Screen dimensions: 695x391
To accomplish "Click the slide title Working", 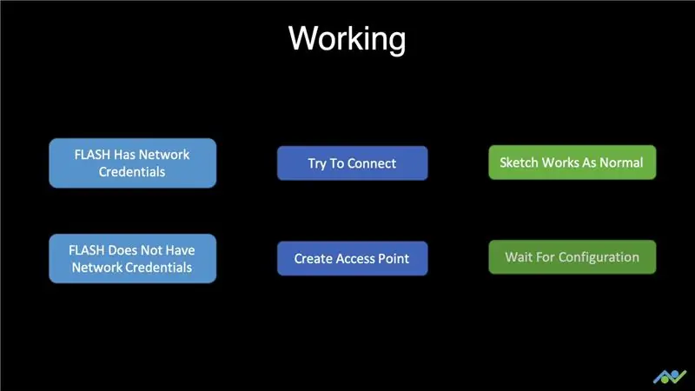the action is coord(347,39).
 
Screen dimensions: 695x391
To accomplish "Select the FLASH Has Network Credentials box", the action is coord(133,163).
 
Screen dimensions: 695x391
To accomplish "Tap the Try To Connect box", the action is coord(353,163).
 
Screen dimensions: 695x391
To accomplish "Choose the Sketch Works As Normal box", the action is coord(573,162).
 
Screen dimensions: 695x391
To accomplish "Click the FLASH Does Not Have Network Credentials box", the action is coord(133,258).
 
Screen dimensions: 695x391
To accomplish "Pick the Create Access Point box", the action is coord(353,258).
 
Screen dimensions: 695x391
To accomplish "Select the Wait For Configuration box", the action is coord(573,257).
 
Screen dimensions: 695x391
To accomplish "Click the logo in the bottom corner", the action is coord(670,377).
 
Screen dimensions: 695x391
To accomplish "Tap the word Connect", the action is coord(372,163).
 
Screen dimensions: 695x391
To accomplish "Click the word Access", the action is coord(357,258).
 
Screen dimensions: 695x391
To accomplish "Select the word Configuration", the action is coord(599,257).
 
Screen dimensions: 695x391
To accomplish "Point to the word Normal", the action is coord(621,162).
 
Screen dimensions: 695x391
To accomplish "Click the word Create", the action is coord(314,258).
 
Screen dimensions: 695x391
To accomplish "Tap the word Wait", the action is coord(519,257).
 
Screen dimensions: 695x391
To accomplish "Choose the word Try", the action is coord(317,164).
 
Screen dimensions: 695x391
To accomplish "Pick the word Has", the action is coord(124,155).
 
